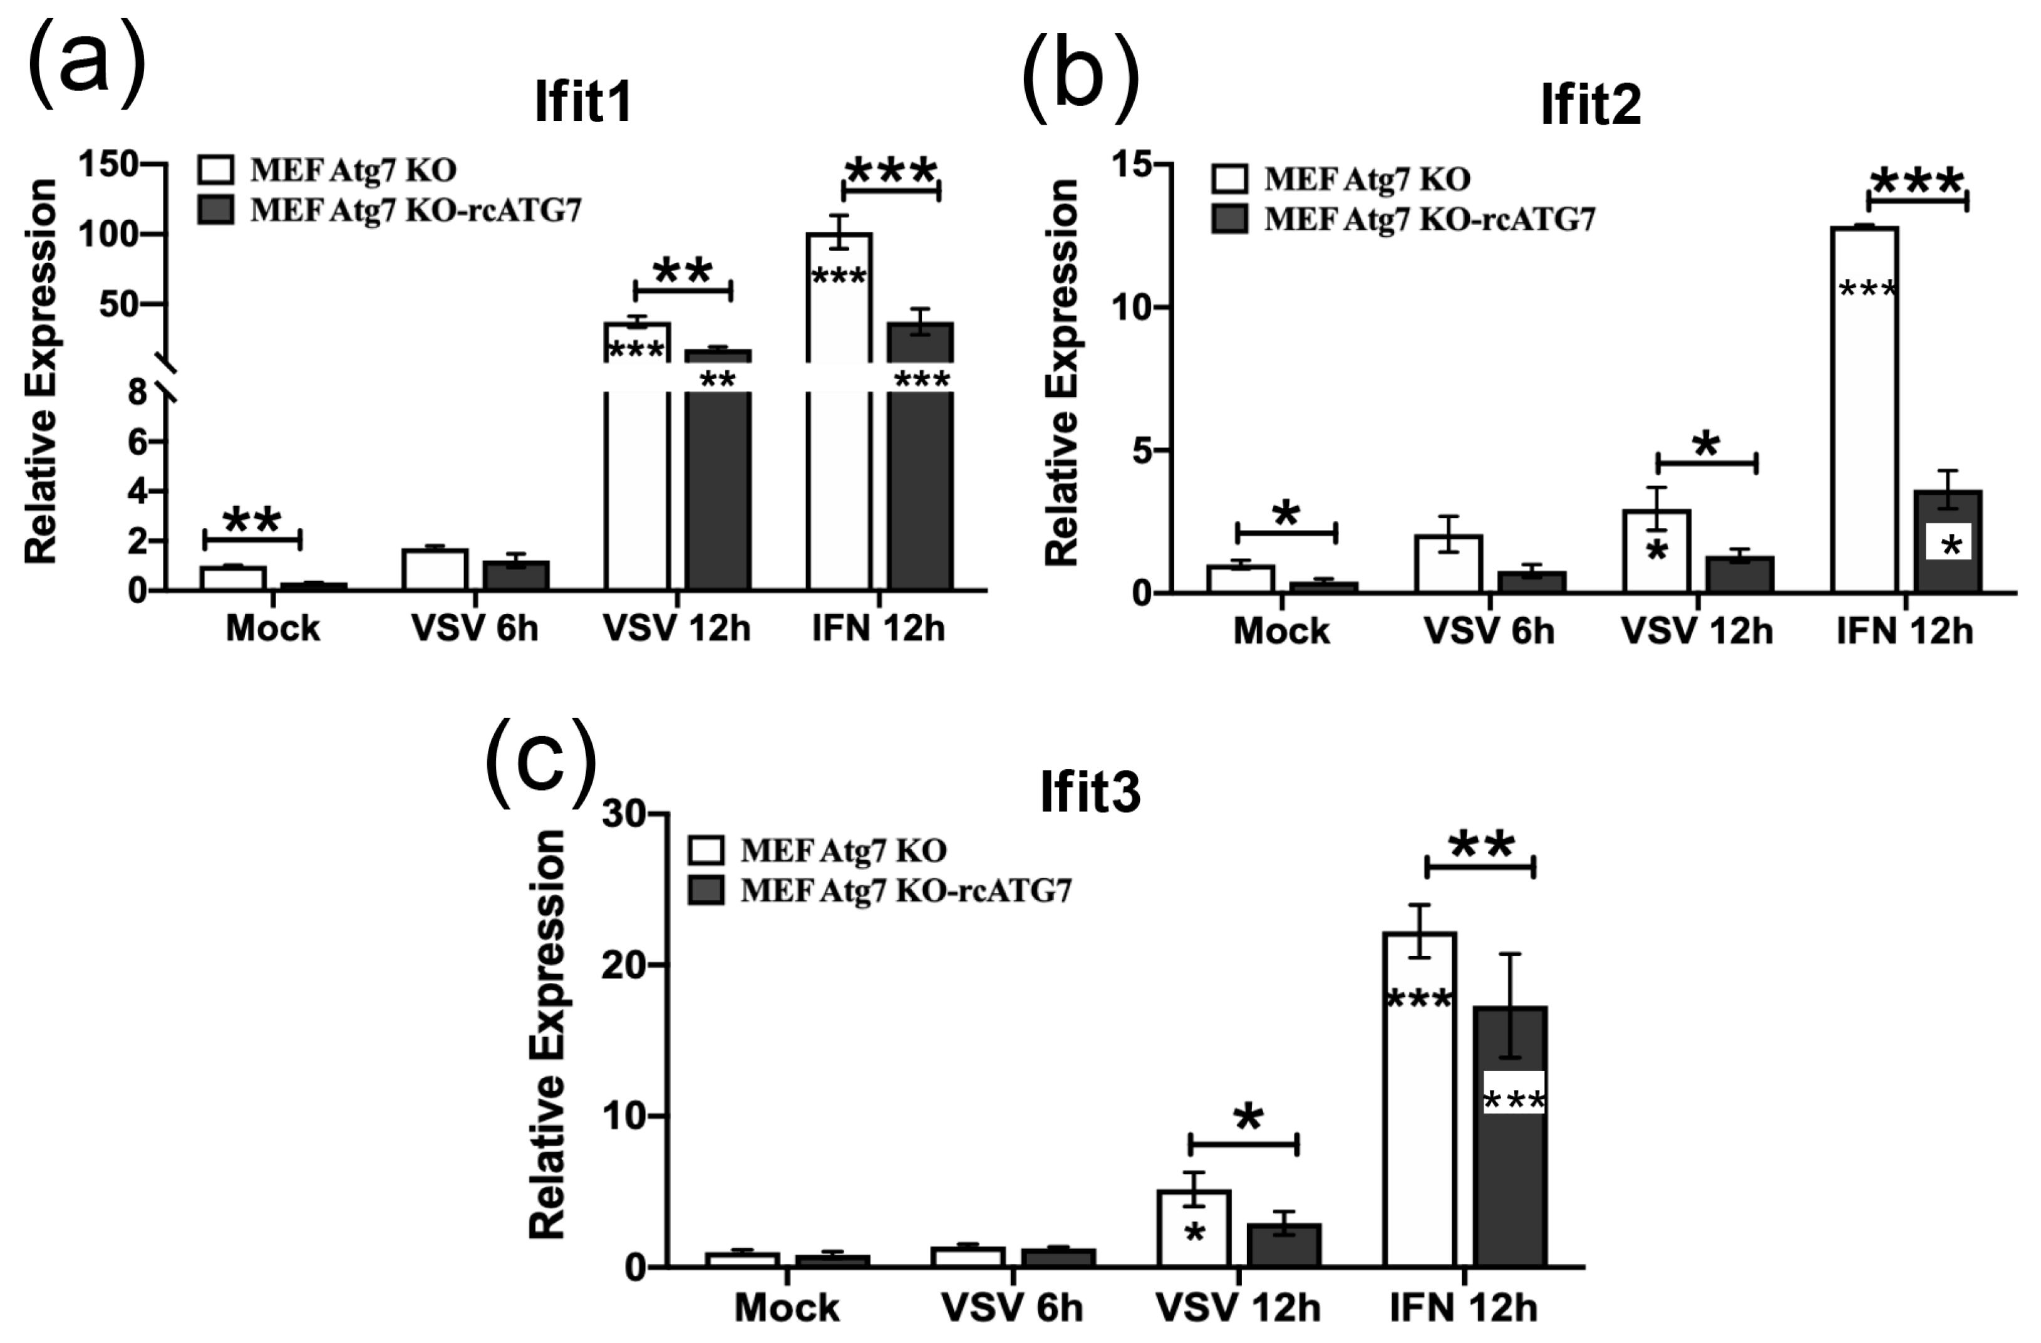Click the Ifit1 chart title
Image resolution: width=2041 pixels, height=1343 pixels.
pos(583,102)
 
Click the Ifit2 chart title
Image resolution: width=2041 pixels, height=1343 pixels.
pos(1590,105)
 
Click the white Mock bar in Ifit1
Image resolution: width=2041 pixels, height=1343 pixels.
pos(232,579)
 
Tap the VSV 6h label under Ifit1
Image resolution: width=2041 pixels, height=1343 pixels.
pos(474,629)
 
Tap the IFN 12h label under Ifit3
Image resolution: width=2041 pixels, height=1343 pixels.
pos(1463,1308)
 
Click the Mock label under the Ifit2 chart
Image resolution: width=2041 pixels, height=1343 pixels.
pos(1281,631)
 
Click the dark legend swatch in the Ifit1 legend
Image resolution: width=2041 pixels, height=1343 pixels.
pos(215,210)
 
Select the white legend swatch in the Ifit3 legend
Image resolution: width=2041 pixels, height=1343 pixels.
pos(706,850)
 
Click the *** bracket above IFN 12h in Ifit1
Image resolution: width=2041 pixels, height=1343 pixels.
pos(891,190)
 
